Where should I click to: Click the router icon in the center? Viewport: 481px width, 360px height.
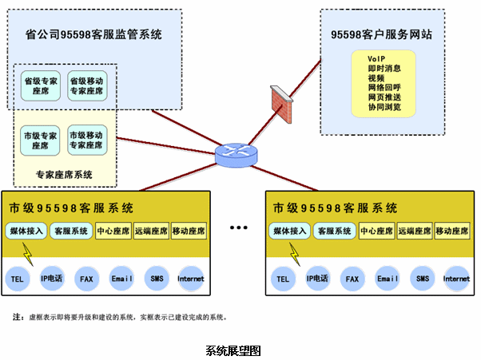click(237, 155)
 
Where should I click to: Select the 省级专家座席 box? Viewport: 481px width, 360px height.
click(40, 86)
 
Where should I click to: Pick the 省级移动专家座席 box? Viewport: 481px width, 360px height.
click(86, 86)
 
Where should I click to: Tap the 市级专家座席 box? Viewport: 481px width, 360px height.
click(40, 140)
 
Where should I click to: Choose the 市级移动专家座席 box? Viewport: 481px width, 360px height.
click(86, 140)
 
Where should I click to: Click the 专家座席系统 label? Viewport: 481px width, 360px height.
click(64, 174)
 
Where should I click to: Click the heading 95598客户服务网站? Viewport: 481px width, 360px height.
click(382, 34)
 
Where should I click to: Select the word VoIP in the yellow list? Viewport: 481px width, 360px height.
click(376, 60)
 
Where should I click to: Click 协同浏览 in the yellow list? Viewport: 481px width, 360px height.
click(384, 107)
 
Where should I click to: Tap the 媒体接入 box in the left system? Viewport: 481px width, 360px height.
click(25, 231)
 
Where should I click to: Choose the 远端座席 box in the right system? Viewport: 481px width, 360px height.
click(415, 231)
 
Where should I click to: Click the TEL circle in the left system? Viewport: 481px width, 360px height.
click(18, 279)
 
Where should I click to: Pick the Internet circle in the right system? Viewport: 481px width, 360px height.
click(456, 279)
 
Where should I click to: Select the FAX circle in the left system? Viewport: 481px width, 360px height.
click(86, 279)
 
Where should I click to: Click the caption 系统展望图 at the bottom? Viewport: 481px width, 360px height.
click(233, 350)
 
